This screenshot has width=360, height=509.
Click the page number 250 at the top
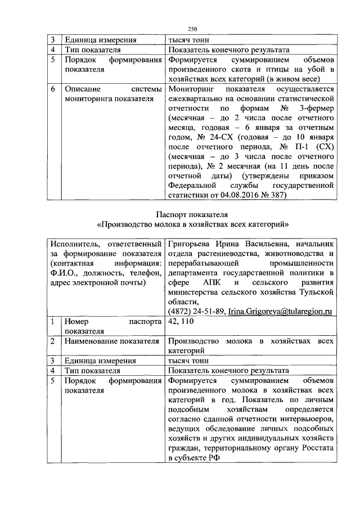point(191,29)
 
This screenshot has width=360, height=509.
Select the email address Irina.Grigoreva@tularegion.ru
point(281,312)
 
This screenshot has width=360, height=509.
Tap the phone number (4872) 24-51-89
point(196,312)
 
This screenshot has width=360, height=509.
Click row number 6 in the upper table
point(52,89)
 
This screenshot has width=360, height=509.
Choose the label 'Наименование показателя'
point(112,341)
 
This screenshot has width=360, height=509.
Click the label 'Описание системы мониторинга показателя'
point(113,94)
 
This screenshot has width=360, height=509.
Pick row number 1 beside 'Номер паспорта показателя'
point(52,322)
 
